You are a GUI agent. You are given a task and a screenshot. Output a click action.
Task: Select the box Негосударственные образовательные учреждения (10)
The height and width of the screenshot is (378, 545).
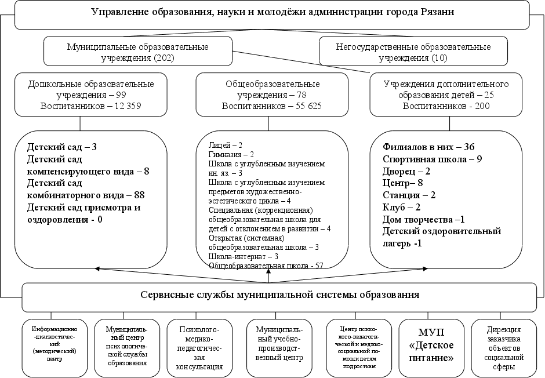click(413, 52)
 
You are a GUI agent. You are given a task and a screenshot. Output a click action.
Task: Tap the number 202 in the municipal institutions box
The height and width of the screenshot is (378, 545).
click(162, 57)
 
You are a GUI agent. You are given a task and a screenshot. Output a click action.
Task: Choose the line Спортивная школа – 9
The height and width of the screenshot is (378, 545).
click(433, 159)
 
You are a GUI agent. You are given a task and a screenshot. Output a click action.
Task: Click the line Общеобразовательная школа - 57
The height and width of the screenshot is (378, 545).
click(265, 265)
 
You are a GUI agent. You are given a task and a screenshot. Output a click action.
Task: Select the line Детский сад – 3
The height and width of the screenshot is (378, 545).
click(61, 147)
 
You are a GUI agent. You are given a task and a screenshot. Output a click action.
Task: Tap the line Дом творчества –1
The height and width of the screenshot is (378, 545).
click(424, 219)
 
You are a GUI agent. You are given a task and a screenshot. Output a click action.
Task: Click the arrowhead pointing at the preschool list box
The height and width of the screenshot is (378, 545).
click(97, 268)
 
